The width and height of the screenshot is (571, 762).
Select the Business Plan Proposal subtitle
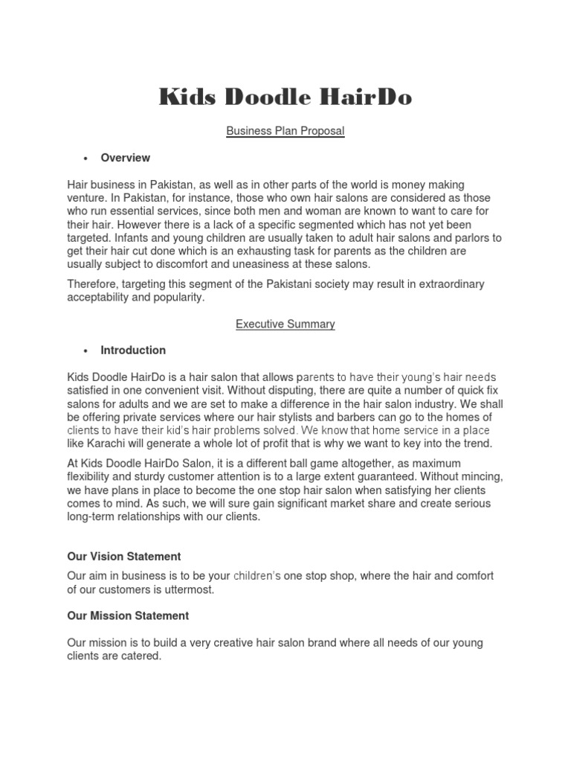pyautogui.click(x=285, y=131)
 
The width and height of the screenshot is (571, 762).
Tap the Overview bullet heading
pyautogui.click(x=125, y=158)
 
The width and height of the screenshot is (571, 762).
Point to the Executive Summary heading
pyautogui.click(x=285, y=324)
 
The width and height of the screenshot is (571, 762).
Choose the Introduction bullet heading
pyautogui.click(x=133, y=350)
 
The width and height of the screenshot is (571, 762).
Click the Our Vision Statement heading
pyautogui.click(x=124, y=557)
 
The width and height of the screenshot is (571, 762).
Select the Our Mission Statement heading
pyautogui.click(x=128, y=615)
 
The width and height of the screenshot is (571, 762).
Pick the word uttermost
pyautogui.click(x=190, y=589)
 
